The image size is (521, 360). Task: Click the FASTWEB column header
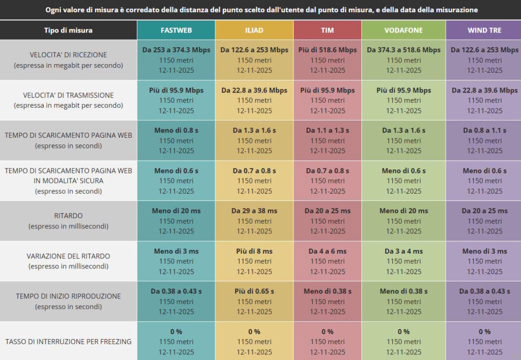click(x=176, y=30)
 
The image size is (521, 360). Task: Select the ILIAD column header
click(x=254, y=30)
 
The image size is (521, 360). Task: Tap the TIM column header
click(x=328, y=30)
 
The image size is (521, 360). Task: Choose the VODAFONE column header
click(x=404, y=30)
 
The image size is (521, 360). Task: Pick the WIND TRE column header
click(x=484, y=30)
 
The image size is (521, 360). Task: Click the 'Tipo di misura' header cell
click(x=68, y=30)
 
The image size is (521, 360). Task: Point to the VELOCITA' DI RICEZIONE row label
click(x=68, y=54)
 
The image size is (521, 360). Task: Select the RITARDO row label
click(x=68, y=216)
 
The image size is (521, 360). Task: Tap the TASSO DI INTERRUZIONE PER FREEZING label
click(x=68, y=342)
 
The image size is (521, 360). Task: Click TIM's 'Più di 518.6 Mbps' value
click(x=328, y=50)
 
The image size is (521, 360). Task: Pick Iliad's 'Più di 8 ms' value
click(x=254, y=251)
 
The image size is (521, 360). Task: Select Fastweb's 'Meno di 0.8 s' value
click(x=176, y=131)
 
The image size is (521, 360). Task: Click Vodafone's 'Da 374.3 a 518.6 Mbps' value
click(x=404, y=50)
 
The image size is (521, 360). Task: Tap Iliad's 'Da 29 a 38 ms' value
click(x=254, y=211)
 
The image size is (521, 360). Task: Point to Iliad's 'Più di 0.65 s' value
click(x=254, y=291)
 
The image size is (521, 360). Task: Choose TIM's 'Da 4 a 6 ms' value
click(x=328, y=251)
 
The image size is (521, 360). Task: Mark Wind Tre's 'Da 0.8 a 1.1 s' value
click(x=484, y=131)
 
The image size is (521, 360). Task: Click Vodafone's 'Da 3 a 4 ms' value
click(x=404, y=251)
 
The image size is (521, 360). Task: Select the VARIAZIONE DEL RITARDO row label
click(x=68, y=256)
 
